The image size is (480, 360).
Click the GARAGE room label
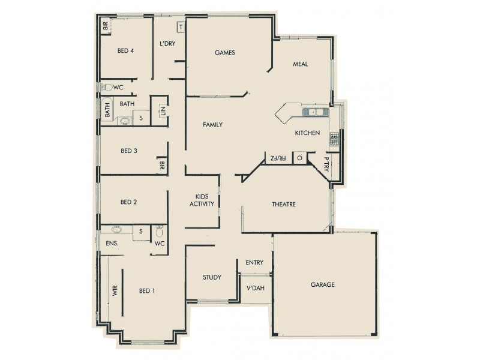click(323, 284)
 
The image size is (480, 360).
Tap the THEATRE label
click(283, 205)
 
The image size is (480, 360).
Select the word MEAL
click(300, 64)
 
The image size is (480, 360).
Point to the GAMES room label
click(224, 53)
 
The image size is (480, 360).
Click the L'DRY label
click(167, 44)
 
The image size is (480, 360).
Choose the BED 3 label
click(129, 151)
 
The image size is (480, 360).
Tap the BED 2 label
click(129, 202)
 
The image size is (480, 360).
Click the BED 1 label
click(147, 291)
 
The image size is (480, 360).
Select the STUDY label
click(212, 278)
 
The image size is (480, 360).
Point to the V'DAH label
click(256, 288)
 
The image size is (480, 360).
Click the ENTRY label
click(254, 263)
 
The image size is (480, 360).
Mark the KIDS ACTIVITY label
click(202, 200)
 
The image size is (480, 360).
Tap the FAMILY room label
click(212, 125)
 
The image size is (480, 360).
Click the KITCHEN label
click(307, 133)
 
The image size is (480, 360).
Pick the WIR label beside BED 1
click(113, 292)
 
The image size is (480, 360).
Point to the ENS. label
click(112, 244)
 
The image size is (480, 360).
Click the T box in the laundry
click(181, 28)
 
